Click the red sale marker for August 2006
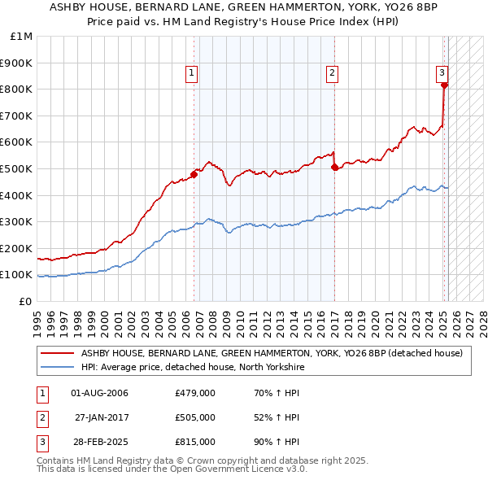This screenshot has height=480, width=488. [194, 173]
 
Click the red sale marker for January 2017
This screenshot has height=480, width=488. [335, 168]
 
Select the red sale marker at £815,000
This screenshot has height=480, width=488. [444, 85]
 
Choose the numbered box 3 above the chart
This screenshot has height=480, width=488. [442, 72]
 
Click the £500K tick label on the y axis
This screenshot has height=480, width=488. [16, 168]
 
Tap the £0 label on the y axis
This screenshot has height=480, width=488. [25, 301]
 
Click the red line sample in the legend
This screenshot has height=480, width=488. [58, 353]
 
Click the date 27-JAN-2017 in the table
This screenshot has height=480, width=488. [101, 417]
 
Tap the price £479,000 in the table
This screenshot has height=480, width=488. [195, 393]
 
